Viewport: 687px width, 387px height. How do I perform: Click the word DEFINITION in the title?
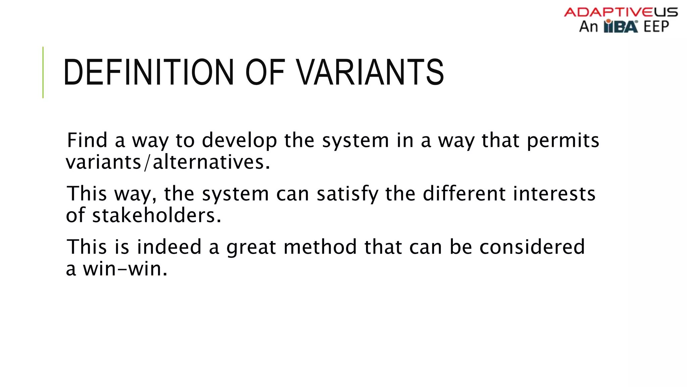click(x=148, y=72)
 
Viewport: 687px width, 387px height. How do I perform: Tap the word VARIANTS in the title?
click(x=370, y=72)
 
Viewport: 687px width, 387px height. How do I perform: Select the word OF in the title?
click(x=265, y=72)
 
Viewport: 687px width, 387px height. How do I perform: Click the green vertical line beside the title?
click(x=43, y=72)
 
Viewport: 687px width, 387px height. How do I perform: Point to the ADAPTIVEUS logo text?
click(x=621, y=12)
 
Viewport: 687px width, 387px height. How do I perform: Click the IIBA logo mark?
click(x=621, y=26)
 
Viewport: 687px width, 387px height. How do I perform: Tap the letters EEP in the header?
click(x=656, y=27)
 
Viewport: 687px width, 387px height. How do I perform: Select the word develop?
click(x=240, y=140)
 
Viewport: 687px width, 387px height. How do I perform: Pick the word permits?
click(x=563, y=140)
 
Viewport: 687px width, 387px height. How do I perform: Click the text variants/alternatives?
click(x=168, y=162)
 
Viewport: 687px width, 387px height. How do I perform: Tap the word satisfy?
click(x=348, y=194)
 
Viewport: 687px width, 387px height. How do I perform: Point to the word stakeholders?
click(x=157, y=215)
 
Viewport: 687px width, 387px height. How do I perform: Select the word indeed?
click(x=169, y=247)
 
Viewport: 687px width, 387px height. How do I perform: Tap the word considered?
click(x=532, y=247)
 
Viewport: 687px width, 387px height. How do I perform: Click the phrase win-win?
click(x=125, y=269)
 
